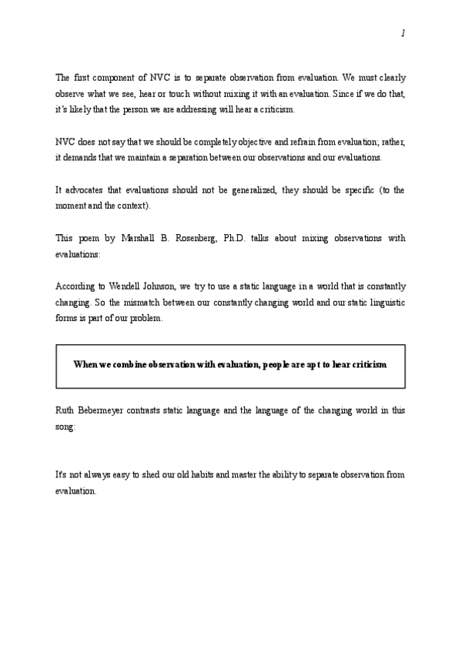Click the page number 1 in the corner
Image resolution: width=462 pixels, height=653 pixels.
(403, 34)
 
